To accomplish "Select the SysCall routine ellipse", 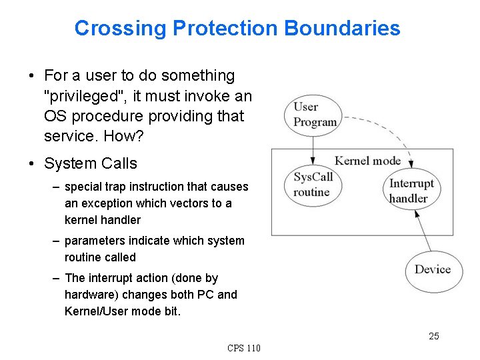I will [x=313, y=184].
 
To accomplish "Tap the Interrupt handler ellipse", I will [x=411, y=191].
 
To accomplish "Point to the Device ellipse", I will [x=433, y=269].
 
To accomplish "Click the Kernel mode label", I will [x=367, y=160].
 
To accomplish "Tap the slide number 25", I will [x=434, y=336].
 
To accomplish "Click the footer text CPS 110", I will [x=244, y=348].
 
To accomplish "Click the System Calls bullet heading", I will [x=90, y=163].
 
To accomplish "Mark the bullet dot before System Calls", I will [x=33, y=163].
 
